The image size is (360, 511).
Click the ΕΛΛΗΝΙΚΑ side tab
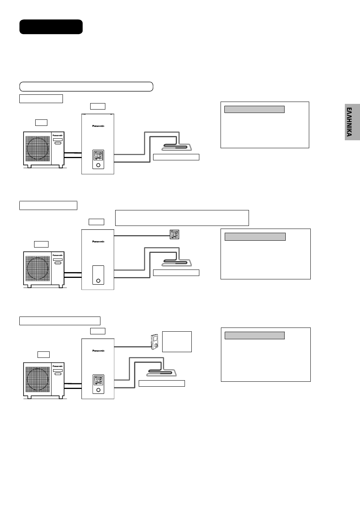click(352, 122)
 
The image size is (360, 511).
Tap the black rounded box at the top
click(51, 27)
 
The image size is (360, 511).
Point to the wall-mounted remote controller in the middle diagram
click(174, 235)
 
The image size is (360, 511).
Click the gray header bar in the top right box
click(254, 110)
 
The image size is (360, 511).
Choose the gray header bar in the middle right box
click(255, 237)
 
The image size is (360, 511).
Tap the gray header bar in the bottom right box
click(255, 335)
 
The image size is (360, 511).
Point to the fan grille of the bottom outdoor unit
click(38, 379)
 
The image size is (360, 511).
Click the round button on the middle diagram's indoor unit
click(99, 281)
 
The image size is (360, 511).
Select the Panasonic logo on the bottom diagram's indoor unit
click(98, 351)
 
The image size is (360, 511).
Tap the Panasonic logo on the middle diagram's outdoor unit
click(58, 255)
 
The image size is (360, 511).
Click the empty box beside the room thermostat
click(177, 342)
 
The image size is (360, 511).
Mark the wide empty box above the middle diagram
click(182, 218)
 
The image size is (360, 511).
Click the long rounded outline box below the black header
click(86, 86)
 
